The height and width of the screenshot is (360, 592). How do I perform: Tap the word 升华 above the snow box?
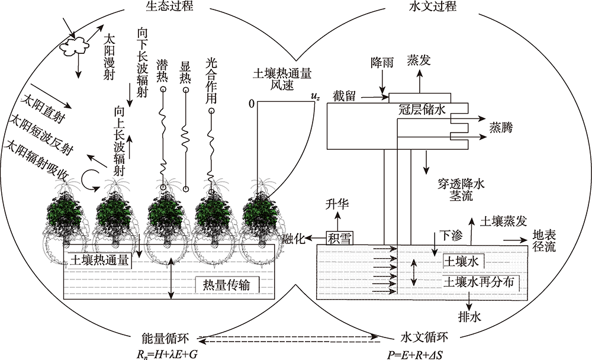point(339,205)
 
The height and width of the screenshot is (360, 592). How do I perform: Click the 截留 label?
point(344,96)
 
